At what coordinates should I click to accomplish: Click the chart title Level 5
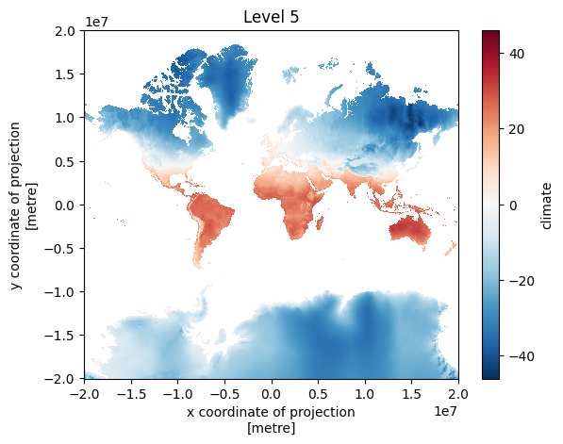pos(271,17)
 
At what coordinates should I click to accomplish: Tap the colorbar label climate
pos(546,206)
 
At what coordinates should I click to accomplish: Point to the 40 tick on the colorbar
pos(517,54)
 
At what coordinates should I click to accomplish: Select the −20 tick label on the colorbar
pos(522,281)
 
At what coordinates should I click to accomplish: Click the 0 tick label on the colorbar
pos(513,206)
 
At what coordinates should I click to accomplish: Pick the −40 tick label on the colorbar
pos(522,356)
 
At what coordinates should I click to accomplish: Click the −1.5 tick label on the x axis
pos(131,394)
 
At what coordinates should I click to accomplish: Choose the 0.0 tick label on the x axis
pos(272,394)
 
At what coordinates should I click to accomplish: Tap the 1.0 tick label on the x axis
pos(365,394)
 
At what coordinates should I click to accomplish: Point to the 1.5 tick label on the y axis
pos(65,74)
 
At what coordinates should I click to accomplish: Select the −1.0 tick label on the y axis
pos(59,292)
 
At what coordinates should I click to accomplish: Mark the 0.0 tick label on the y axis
pos(65,205)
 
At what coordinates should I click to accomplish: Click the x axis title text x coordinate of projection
pos(271,412)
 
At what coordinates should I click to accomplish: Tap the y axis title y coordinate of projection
pos(15,206)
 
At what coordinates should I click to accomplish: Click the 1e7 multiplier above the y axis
pos(96,22)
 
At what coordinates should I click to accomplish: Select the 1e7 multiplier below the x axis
pos(446,411)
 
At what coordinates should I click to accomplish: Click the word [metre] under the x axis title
pos(271,428)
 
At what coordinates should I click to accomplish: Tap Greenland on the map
pos(226,86)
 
